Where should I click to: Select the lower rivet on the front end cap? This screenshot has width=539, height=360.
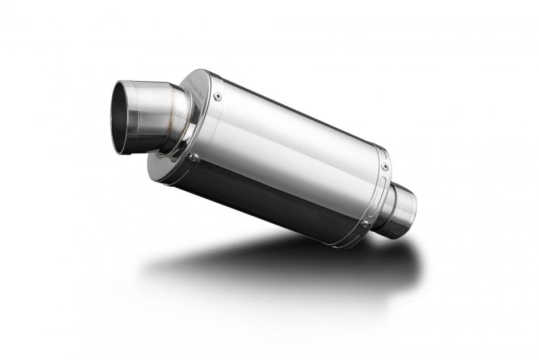pos(193,158)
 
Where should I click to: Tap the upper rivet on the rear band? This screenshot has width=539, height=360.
pos(385,167)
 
